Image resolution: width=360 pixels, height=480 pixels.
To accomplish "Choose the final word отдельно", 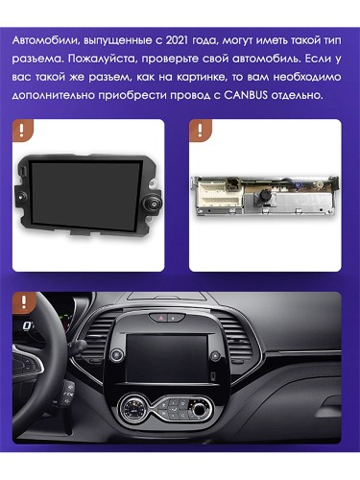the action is coord(297,95).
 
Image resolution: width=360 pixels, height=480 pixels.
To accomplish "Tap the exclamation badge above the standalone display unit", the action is coord(22,130).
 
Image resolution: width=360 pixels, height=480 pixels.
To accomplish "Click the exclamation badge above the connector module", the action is coord(200,130).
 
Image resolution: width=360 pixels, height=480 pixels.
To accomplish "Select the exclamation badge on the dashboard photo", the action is coord(23,302).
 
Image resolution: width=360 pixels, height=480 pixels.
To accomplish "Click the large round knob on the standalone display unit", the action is coord(153,202).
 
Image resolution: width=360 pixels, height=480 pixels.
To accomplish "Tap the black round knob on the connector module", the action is coord(265,194).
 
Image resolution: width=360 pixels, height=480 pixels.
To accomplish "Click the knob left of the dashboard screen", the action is coord(117,354).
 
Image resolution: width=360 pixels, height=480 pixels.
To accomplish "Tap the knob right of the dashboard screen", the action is coord(215,355).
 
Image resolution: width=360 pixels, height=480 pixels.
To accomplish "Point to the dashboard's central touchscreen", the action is coord(167,358).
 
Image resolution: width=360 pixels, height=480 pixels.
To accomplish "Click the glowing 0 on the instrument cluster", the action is coord(28,326).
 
